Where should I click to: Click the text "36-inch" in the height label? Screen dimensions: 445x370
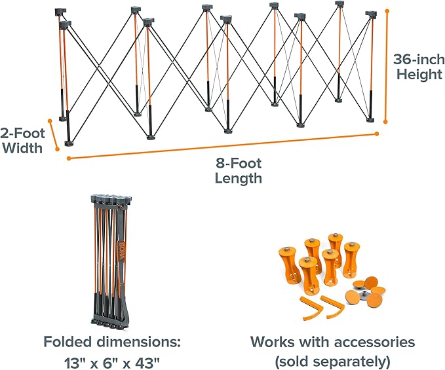419,60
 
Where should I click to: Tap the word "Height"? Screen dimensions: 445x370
419,74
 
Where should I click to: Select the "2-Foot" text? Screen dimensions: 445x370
22,133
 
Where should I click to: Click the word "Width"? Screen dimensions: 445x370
24,148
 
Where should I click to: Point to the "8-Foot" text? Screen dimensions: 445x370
239,163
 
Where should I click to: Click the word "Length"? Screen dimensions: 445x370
238,178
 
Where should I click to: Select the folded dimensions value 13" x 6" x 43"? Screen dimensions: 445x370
111,362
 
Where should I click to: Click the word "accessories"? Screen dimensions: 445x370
374,342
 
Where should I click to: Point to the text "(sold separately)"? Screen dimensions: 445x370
332,361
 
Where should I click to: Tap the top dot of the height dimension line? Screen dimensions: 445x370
387,11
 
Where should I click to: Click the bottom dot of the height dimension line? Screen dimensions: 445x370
385,122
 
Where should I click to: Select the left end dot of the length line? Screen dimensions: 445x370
69,158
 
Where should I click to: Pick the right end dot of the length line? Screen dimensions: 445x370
377,134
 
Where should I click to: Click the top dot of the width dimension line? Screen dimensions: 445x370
50,121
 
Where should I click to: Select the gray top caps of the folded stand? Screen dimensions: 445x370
111,198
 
